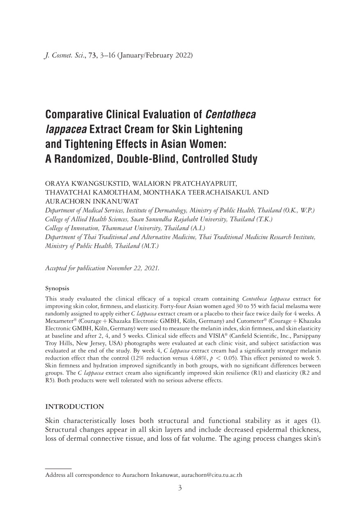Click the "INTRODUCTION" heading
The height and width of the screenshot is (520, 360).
click(x=74, y=407)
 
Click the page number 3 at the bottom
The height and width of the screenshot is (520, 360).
click(x=180, y=488)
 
